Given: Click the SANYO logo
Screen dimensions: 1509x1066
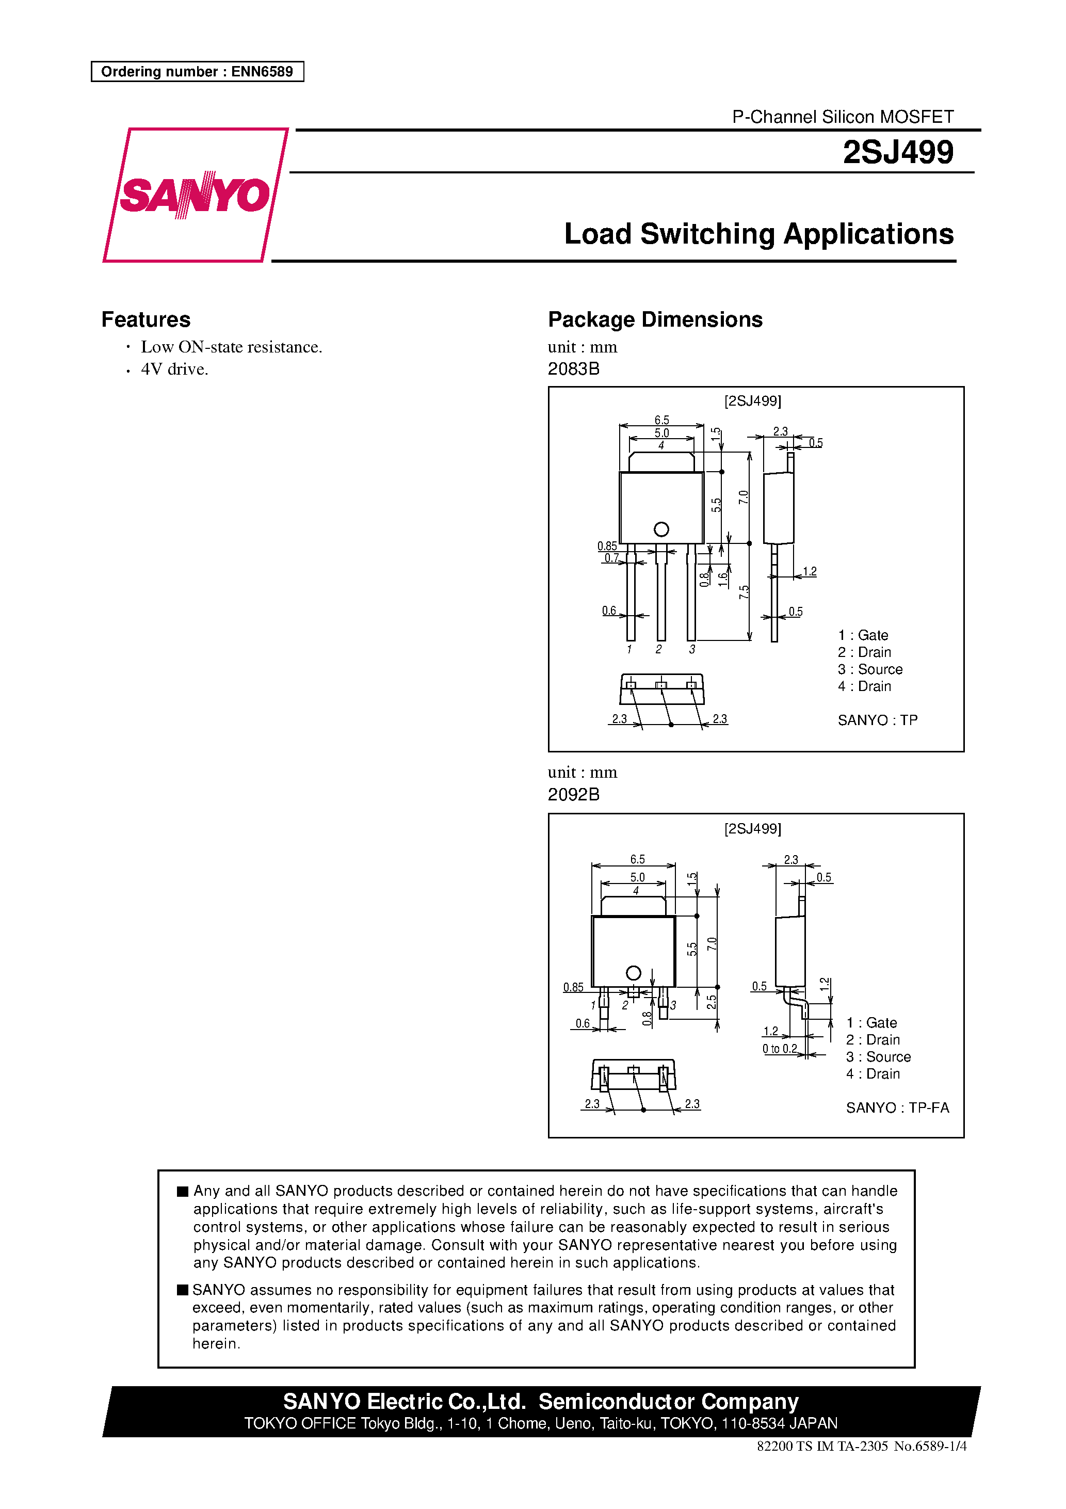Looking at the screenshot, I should tap(195, 195).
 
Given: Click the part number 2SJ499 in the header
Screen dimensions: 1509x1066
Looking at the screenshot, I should tap(897, 152).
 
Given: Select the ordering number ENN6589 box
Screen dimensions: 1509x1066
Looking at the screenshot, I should tap(197, 72).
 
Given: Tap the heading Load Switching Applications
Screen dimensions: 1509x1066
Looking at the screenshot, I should tap(758, 234).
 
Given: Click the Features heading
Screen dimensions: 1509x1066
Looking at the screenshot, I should tap(146, 319).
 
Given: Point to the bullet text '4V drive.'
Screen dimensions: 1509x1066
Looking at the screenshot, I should tap(174, 370).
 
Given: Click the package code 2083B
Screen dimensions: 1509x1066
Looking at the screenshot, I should tap(573, 368).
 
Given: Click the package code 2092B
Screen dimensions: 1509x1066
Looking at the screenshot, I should tap(573, 795).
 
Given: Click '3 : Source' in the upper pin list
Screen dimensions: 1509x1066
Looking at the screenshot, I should tap(869, 669).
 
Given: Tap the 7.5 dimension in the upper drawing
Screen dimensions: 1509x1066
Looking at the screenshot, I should tap(744, 592).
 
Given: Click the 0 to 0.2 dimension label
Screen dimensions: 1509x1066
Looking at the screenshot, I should tap(780, 1049).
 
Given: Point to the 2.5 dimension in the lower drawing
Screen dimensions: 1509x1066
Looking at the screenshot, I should tap(711, 1002).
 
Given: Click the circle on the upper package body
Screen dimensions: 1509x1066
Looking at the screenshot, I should tap(661, 529).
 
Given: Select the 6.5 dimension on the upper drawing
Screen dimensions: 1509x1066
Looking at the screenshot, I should tap(661, 420).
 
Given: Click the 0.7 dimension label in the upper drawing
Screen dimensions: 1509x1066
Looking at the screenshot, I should tap(611, 558).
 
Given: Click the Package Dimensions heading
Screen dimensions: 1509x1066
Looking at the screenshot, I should tap(655, 319).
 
